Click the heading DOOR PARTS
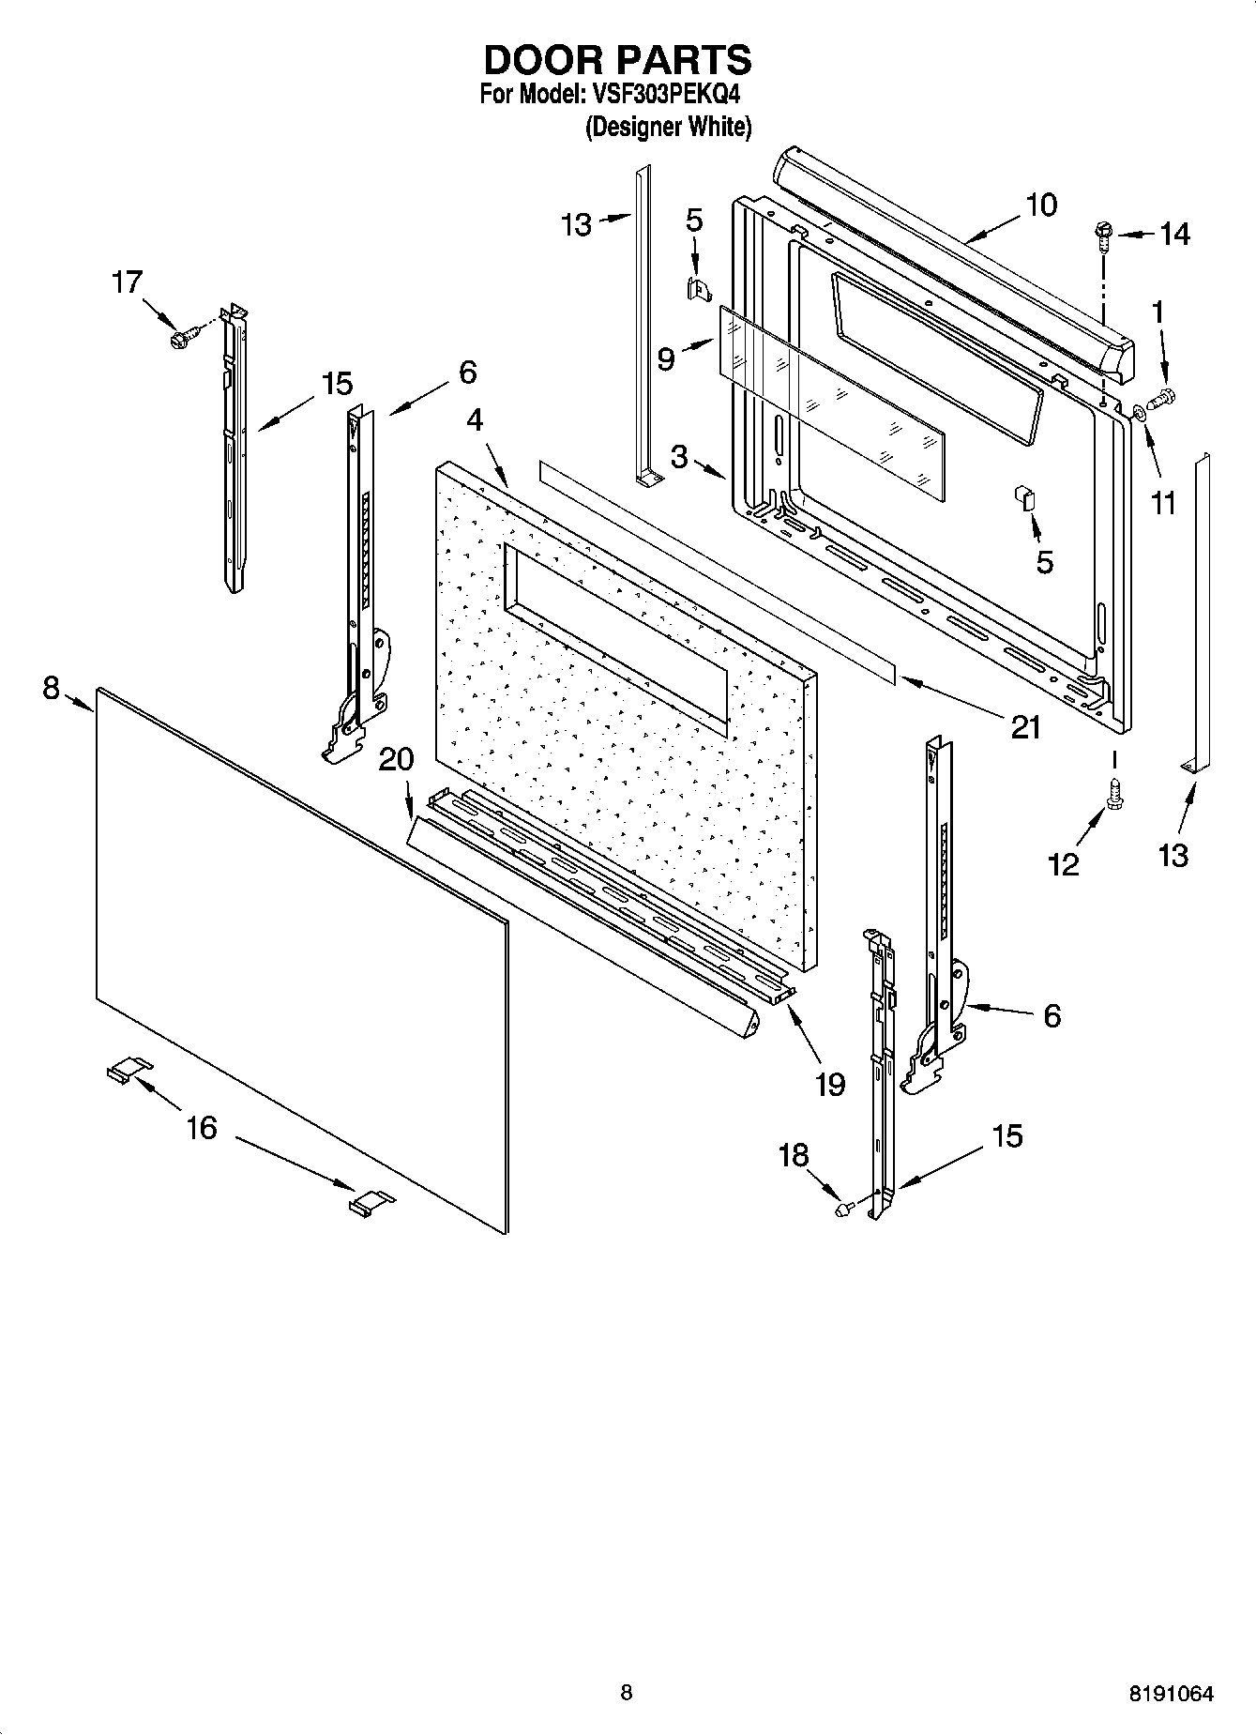[x=617, y=60]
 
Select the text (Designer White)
[x=668, y=127]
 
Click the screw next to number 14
[x=1104, y=236]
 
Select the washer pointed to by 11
[x=1138, y=410]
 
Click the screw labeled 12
[x=1116, y=794]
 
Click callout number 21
[x=1026, y=727]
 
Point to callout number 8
[x=52, y=689]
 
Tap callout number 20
[x=396, y=759]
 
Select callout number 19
[x=830, y=1084]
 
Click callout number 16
[x=202, y=1127]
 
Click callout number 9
[x=666, y=359]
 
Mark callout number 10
[x=1041, y=205]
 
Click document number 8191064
[x=1171, y=1694]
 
